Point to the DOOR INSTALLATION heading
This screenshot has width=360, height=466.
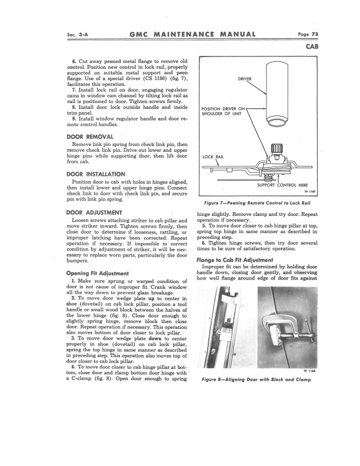tap(96, 174)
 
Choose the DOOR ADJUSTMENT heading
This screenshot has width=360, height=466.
tap(94, 212)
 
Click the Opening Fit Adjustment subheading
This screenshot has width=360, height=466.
tap(98, 273)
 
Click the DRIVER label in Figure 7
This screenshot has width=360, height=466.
tap(245, 78)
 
